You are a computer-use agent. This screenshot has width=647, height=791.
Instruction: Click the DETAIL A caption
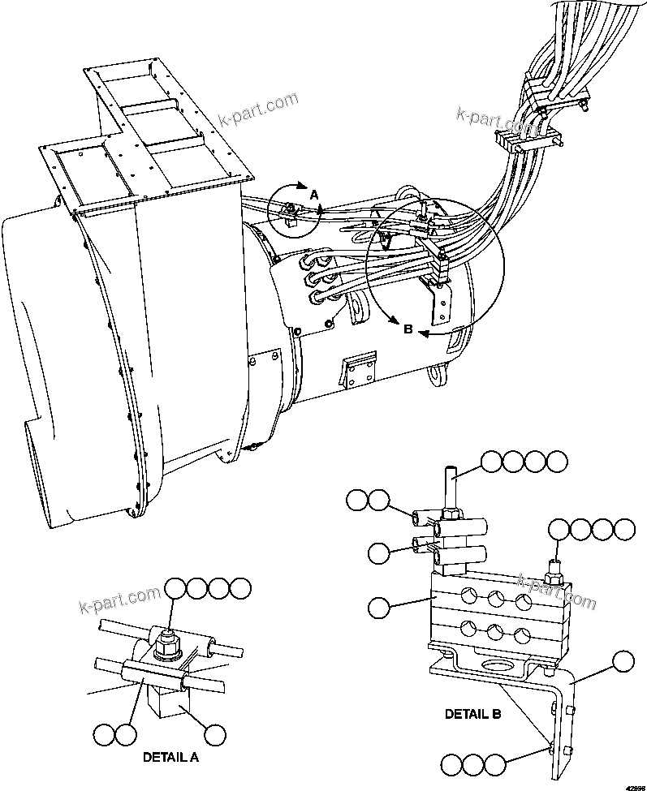point(170,757)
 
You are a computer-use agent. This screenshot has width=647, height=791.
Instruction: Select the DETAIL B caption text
point(472,715)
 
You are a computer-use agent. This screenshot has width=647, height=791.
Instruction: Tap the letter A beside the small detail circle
point(313,195)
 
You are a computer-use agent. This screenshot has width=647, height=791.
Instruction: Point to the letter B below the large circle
point(408,329)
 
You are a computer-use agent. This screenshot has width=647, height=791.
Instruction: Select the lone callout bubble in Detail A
point(215,734)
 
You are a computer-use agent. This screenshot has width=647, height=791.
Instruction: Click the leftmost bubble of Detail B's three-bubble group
point(451,763)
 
